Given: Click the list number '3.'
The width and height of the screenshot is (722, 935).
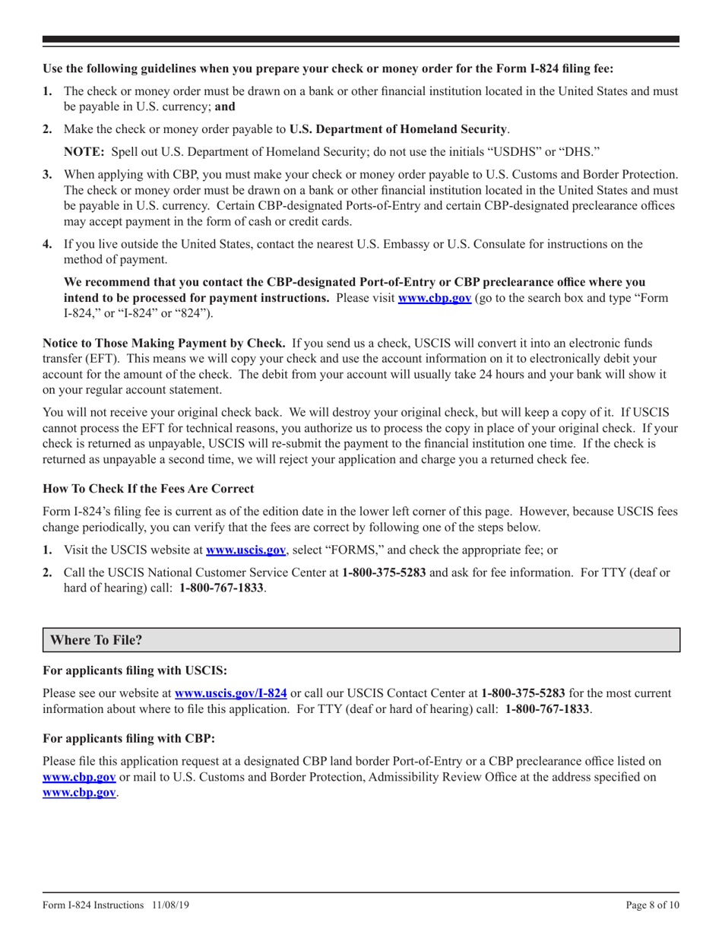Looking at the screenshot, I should coord(47,175).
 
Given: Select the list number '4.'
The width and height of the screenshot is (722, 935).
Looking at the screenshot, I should coord(47,244).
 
